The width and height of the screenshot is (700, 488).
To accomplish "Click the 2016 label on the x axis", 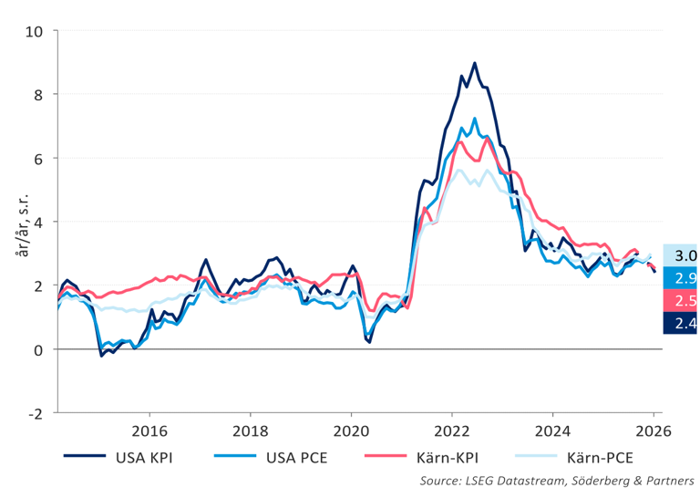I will [x=149, y=431].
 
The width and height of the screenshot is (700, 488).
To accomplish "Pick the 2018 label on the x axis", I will [x=251, y=431].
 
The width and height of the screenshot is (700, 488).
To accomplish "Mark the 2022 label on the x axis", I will [x=452, y=431].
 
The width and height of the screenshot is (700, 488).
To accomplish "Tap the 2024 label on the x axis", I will [x=553, y=431].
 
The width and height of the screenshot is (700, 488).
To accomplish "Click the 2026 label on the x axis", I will [x=654, y=431].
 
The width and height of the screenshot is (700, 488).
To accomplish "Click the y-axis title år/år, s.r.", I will [x=19, y=222].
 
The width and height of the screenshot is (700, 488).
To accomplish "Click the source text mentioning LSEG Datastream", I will [x=557, y=480].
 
